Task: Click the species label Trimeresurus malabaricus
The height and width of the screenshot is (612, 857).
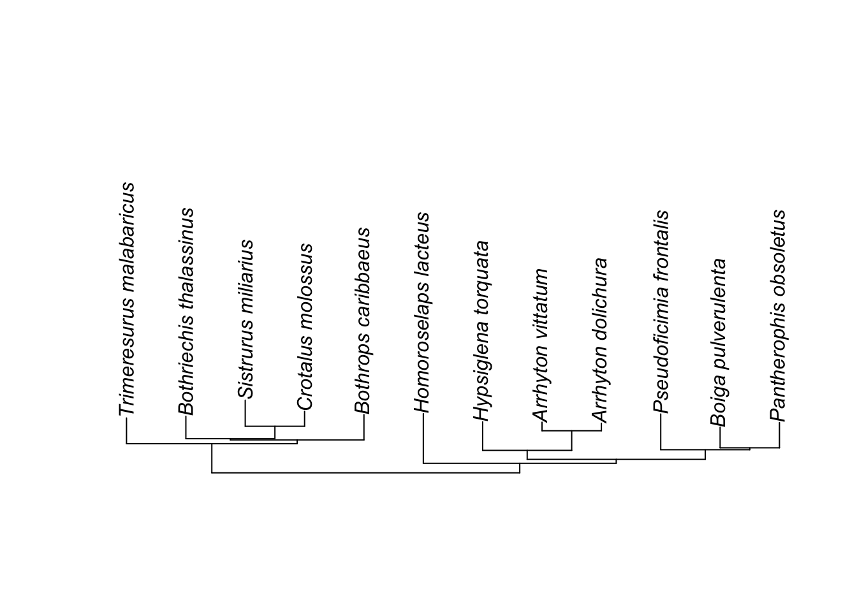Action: click(x=127, y=299)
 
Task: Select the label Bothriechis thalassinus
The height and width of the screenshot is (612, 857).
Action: click(x=186, y=312)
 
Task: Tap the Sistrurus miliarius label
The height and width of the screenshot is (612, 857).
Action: click(x=245, y=319)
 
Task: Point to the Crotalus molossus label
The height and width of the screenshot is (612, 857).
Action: click(x=305, y=326)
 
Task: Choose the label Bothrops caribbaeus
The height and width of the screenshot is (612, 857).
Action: click(x=363, y=321)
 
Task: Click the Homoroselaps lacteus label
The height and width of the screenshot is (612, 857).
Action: click(x=422, y=312)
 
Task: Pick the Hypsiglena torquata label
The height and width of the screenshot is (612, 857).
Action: click(x=482, y=331)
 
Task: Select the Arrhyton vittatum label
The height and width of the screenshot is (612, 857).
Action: click(x=541, y=346)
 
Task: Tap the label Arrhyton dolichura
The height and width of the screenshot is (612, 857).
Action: click(x=600, y=340)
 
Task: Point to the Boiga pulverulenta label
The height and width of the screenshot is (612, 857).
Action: click(x=719, y=342)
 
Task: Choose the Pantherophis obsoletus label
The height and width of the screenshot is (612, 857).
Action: click(x=779, y=316)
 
